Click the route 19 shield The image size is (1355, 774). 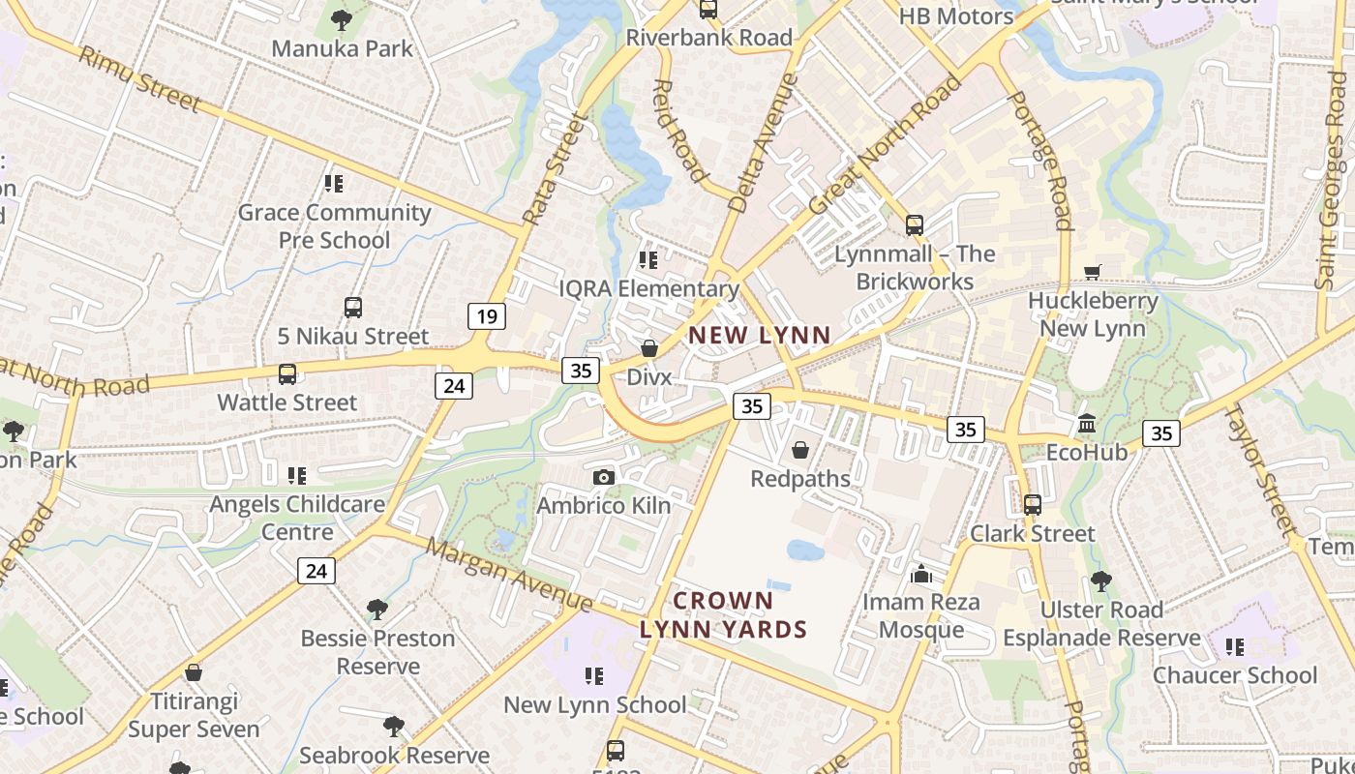[x=486, y=315]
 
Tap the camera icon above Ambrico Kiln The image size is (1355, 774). [x=603, y=477]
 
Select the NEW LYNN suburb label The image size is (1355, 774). [x=759, y=336]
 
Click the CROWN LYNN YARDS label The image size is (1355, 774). [x=723, y=615]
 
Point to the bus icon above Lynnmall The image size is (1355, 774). [x=914, y=225]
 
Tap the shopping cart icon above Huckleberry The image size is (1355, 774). [x=1093, y=273]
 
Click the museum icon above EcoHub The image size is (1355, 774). [x=1086, y=425]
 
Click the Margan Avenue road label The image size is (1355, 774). [x=509, y=575]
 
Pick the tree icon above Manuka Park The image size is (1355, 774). [x=341, y=19]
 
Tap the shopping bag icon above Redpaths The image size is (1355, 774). [x=800, y=450]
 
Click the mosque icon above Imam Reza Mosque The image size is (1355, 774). [x=920, y=575]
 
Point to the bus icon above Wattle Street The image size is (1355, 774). [x=286, y=374]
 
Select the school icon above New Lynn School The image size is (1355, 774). [x=594, y=676]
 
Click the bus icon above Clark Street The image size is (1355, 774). [x=1033, y=505]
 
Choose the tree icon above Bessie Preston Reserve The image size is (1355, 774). [x=376, y=610]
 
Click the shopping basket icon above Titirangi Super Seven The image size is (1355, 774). [x=194, y=672]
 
